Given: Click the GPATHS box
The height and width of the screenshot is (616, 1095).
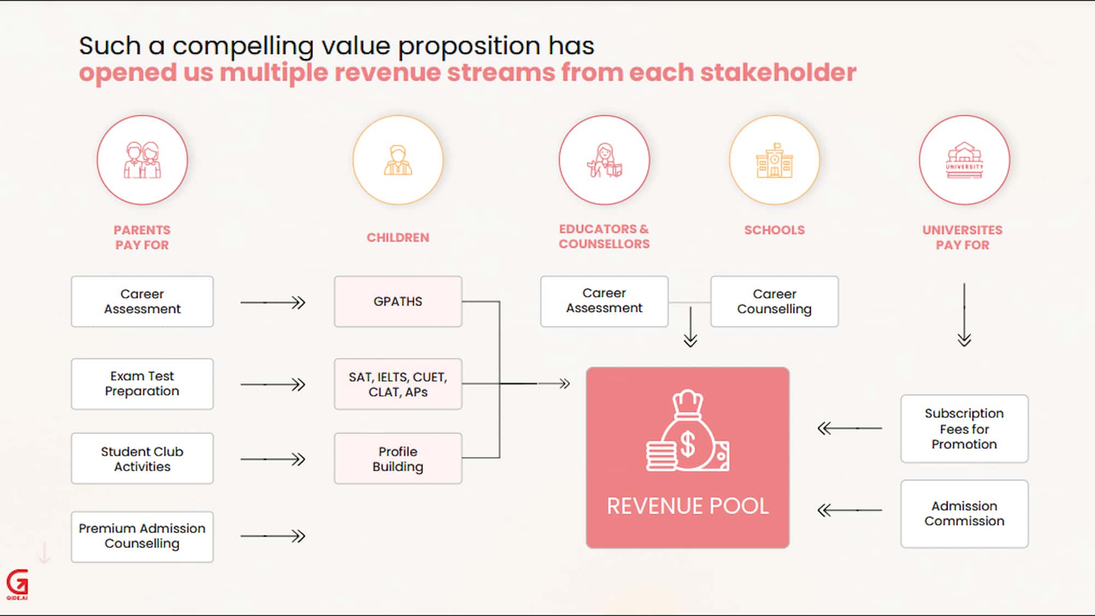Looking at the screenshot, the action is point(398,302).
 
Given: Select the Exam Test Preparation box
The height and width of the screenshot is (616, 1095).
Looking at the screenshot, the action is point(142,384).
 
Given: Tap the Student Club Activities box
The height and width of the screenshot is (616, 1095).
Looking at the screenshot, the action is point(142,459).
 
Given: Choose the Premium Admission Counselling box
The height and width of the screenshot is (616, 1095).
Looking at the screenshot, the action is point(142,537).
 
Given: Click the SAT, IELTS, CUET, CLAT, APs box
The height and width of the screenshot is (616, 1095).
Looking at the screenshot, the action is point(398,384).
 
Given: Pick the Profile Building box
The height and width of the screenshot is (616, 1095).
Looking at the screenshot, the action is point(398,459).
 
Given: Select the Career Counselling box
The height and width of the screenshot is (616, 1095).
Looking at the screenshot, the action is point(775,302).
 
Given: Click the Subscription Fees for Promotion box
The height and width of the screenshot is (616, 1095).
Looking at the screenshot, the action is point(965,429).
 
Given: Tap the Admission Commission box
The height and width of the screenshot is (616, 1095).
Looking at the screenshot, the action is point(965,514).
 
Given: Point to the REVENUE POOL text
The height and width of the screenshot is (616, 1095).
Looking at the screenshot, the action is point(688,506).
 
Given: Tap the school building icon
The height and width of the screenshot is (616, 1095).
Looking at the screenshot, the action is point(775,160).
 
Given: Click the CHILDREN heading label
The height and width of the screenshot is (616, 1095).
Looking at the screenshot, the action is point(398,238).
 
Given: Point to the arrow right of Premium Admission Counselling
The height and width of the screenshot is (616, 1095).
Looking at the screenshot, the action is point(273,536).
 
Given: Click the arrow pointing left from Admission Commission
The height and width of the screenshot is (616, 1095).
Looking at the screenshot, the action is point(850,510).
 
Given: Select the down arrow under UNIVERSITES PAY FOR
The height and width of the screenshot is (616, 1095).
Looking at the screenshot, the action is point(964,315).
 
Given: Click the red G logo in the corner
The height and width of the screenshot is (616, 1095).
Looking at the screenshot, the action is point(18,584).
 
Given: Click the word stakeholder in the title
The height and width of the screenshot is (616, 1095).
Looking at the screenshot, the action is point(778,72).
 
